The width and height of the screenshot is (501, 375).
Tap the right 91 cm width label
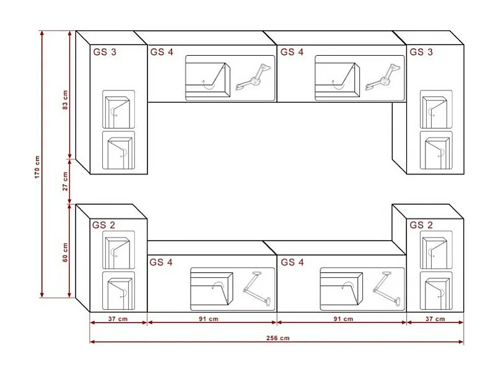342,319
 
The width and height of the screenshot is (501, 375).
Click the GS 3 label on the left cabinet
105,53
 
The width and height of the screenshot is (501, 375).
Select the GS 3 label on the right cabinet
421,53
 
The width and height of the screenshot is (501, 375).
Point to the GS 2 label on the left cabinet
104,225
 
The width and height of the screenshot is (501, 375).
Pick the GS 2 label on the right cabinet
421,225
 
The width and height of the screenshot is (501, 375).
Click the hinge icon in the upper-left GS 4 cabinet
253,77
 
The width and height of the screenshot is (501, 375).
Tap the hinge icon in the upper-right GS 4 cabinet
383,77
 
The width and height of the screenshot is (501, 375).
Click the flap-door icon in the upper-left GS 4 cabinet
207,79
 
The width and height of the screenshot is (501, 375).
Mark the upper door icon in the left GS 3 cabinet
118,108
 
